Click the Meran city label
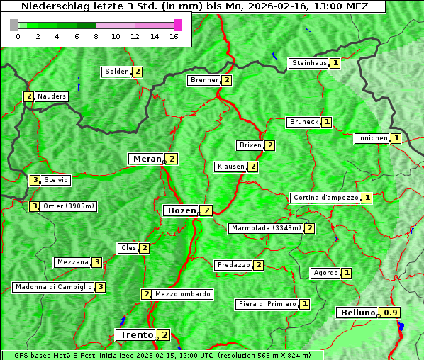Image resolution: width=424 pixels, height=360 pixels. tap(147, 159)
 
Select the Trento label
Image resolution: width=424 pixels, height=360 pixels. tap(136, 334)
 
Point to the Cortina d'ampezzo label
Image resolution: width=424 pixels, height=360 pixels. tap(325, 198)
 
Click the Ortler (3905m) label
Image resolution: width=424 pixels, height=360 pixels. tap(68, 206)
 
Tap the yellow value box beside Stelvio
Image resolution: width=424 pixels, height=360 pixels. tap(35, 180)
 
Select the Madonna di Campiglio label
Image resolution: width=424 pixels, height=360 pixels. tap(53, 287)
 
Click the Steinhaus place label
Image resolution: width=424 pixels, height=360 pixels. tap(309, 63)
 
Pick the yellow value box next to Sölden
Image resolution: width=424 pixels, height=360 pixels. tap(138, 72)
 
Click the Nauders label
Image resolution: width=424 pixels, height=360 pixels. tap(52, 96)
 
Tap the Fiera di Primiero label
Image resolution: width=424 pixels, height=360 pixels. tap(267, 304)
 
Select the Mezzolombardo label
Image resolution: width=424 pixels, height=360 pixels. tap(182, 294)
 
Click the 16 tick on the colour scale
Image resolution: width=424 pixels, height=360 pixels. tap(174, 36)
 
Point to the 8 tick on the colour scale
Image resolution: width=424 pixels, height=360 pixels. tap(96, 36)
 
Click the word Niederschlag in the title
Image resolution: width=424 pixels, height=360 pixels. tap(55, 6)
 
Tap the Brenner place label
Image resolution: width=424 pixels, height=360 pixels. tap(204, 80)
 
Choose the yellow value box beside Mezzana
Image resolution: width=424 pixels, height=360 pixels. tap(97, 262)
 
